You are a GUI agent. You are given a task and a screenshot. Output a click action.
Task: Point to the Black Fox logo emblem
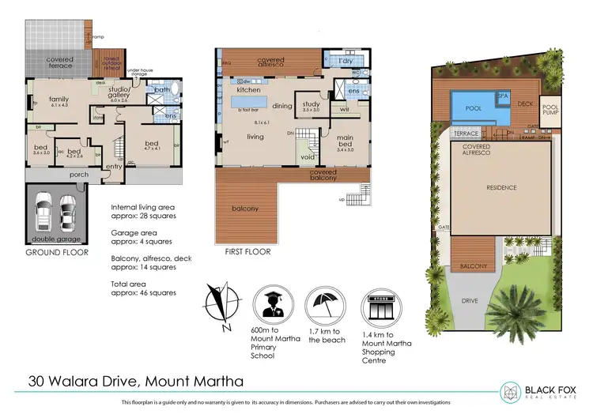pos(510,390)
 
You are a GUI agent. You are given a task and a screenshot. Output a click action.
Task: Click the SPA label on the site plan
pos(501,96)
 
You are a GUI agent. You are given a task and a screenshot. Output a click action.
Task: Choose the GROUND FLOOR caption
pos(56,253)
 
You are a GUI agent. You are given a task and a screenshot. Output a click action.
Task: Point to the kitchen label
pos(248,90)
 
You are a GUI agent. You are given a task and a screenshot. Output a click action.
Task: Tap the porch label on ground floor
pos(56,175)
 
